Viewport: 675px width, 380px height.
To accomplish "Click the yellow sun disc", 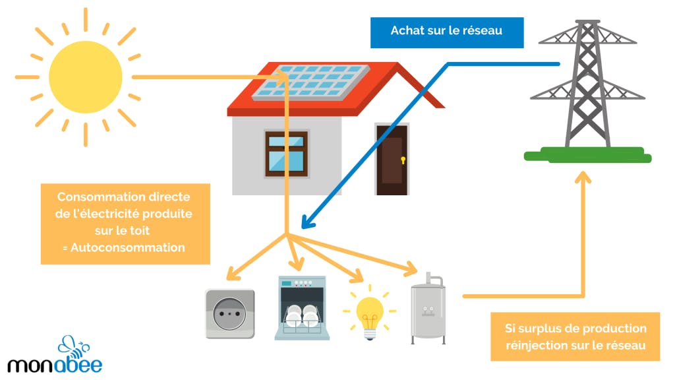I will pyautogui.click(x=85, y=78).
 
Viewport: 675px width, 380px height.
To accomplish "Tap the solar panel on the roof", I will pyautogui.click(x=320, y=83).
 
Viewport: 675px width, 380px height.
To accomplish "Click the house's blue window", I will pyautogui.click(x=286, y=154).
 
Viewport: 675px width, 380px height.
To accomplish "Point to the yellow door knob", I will pyautogui.click(x=403, y=160).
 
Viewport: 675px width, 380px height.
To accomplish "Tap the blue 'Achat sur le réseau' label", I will pyautogui.click(x=447, y=31).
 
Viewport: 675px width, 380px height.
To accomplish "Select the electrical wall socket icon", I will pyautogui.click(x=229, y=313).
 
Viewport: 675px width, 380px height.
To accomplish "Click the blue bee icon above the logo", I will pyautogui.click(x=73, y=344).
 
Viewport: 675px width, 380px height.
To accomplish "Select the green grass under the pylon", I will pyautogui.click(x=587, y=155).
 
